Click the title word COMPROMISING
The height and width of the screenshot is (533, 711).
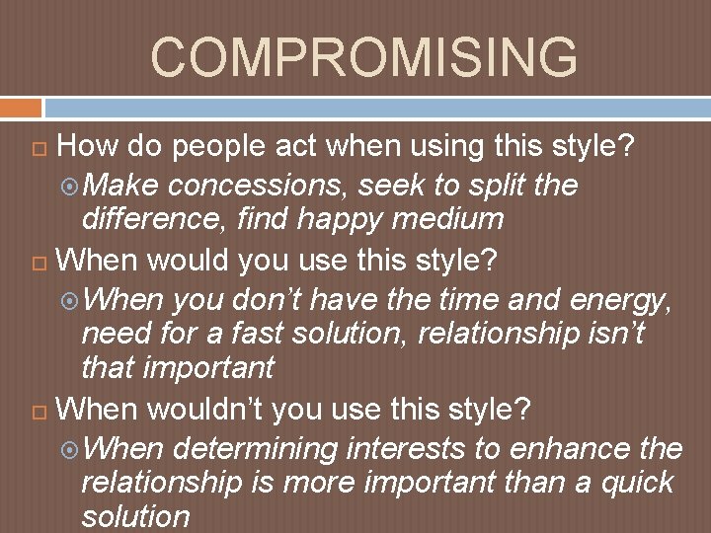pyautogui.click(x=363, y=57)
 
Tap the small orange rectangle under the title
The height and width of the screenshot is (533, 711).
pyautogui.click(x=21, y=107)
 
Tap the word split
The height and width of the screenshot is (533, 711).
pyautogui.click(x=497, y=185)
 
